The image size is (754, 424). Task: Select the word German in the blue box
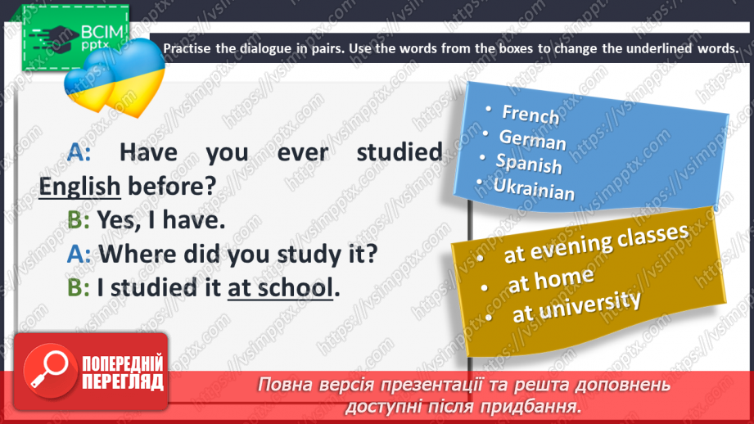pyautogui.click(x=532, y=141)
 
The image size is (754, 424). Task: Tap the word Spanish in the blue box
pyautogui.click(x=529, y=165)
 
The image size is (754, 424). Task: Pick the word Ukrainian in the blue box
pyautogui.click(x=533, y=190)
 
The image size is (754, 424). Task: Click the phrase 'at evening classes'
pyautogui.click(x=596, y=242)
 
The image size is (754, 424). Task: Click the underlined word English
pyautogui.click(x=79, y=187)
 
